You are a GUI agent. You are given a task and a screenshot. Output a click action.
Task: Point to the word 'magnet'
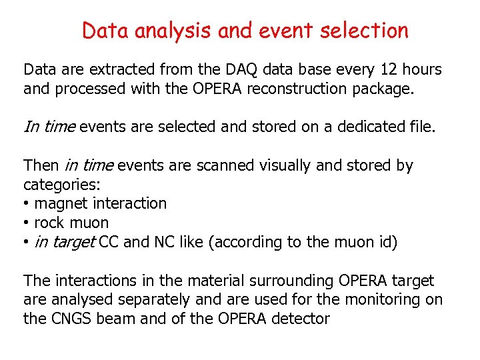tap(59, 204)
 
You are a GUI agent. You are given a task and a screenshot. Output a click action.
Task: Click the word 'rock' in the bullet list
tap(49, 223)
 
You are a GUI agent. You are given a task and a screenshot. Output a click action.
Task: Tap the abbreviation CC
tap(109, 243)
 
